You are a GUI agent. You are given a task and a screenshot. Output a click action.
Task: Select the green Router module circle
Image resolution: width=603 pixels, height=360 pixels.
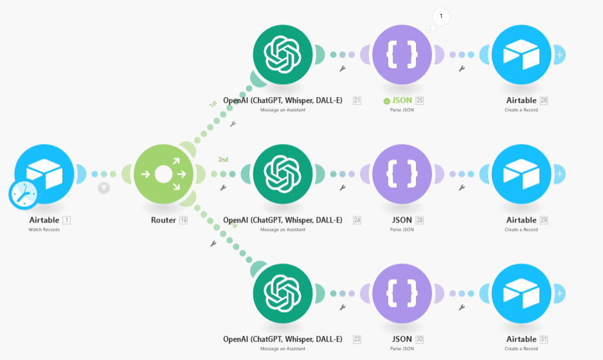click(163, 174)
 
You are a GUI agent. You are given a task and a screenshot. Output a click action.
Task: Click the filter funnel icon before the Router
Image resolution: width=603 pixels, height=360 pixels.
click(104, 188)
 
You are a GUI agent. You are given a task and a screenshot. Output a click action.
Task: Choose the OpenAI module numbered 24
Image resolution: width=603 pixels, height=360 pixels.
click(282, 174)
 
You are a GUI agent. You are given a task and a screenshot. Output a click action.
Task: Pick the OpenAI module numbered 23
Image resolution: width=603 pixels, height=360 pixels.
click(282, 293)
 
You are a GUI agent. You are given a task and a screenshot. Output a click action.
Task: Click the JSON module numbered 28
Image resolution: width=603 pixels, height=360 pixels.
click(402, 174)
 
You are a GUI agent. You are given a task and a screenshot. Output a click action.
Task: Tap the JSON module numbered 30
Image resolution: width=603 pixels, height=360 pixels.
click(402, 293)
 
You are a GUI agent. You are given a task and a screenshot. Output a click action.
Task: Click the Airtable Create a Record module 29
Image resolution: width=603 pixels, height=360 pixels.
click(521, 174)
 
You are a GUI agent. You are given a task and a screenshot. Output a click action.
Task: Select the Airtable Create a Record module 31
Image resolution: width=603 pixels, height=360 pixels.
click(521, 293)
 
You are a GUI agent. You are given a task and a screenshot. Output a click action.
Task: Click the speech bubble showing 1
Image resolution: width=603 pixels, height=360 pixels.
click(441, 15)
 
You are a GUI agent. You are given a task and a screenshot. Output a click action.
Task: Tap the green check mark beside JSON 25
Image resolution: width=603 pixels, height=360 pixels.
click(386, 101)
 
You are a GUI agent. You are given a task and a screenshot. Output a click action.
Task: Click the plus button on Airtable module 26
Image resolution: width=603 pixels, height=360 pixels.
click(560, 55)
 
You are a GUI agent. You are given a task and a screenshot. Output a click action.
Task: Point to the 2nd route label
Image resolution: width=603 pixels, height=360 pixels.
click(223, 159)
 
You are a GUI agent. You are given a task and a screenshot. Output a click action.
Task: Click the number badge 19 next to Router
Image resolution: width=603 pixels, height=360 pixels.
click(183, 220)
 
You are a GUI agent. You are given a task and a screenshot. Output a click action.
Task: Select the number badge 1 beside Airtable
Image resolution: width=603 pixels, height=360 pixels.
click(66, 220)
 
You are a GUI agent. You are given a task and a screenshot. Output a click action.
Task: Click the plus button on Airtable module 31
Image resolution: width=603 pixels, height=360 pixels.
click(560, 293)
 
